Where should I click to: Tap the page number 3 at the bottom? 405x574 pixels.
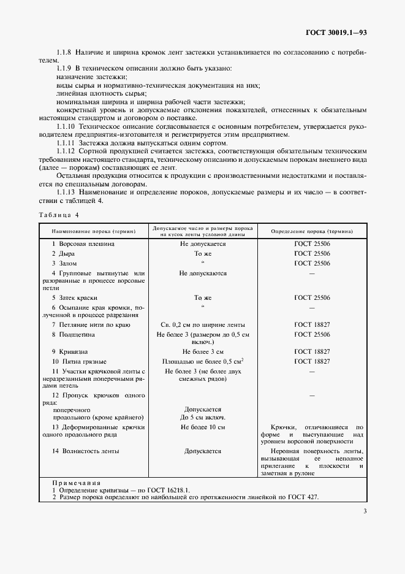[365, 511]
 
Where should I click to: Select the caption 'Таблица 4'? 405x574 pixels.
[59, 215]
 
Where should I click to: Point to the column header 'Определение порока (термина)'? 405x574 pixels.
[312, 231]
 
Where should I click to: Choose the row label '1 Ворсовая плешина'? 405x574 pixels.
[83, 243]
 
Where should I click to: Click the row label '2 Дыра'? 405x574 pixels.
[62, 253]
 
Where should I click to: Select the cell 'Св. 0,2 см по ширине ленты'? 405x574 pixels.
[202, 324]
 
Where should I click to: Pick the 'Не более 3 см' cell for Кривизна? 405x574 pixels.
[202, 352]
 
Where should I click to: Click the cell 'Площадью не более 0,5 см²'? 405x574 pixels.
[202, 361]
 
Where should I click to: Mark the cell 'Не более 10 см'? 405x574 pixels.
[202, 426]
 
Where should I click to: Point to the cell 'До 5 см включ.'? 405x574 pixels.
[202, 417]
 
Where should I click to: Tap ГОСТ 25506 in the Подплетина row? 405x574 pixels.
[312, 334]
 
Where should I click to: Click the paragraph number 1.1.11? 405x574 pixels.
[65, 142]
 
